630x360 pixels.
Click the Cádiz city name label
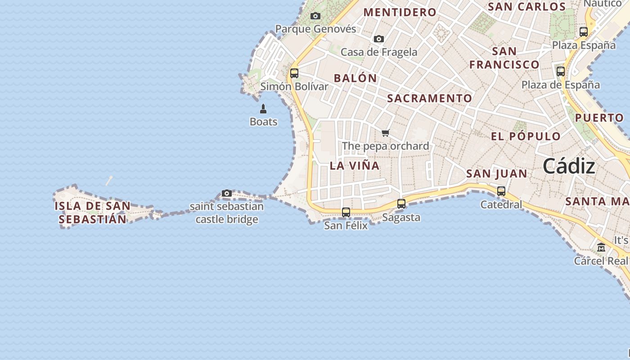(x=569, y=166)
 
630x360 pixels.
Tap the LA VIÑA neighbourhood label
(x=355, y=166)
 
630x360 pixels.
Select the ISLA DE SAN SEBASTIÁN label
(x=93, y=213)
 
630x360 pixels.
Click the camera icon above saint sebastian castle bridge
(x=227, y=193)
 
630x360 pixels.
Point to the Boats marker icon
(x=263, y=109)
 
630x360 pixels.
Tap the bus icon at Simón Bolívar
(x=294, y=73)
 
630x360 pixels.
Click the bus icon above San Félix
(x=346, y=212)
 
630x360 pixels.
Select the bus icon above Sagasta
(x=401, y=204)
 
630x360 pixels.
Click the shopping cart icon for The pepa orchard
(x=385, y=133)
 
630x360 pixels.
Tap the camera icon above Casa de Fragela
(x=379, y=39)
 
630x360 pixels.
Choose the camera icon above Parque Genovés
(x=315, y=16)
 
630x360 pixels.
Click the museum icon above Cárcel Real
(x=601, y=247)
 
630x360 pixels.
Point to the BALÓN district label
(x=355, y=78)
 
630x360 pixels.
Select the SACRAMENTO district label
(x=430, y=98)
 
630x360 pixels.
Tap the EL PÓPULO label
(x=526, y=136)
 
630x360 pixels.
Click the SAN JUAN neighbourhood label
(x=497, y=174)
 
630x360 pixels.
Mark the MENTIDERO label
(x=400, y=12)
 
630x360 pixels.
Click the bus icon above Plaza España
(x=584, y=32)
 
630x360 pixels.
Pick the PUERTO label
(x=599, y=118)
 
